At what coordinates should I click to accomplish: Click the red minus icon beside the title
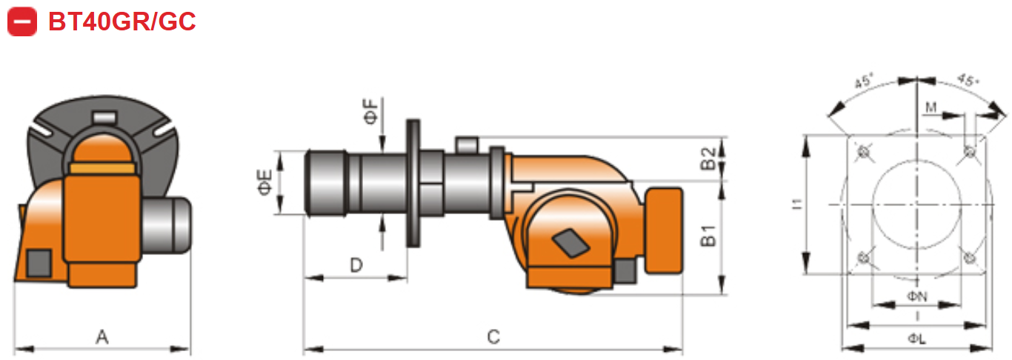(22, 21)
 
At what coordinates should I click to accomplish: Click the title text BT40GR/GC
(121, 21)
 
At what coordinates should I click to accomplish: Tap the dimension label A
(102, 337)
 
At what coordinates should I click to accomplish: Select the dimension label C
(493, 337)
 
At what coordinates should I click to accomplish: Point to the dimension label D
(356, 264)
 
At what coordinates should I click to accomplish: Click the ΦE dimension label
(265, 182)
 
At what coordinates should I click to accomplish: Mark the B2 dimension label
(708, 158)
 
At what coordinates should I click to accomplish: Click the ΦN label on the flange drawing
(917, 296)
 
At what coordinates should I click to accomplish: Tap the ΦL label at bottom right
(916, 339)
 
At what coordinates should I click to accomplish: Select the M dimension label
(931, 108)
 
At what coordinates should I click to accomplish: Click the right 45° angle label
(966, 80)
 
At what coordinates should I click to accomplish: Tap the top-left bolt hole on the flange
(863, 153)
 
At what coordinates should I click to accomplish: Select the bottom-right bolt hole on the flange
(969, 257)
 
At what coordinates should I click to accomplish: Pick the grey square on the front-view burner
(39, 263)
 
